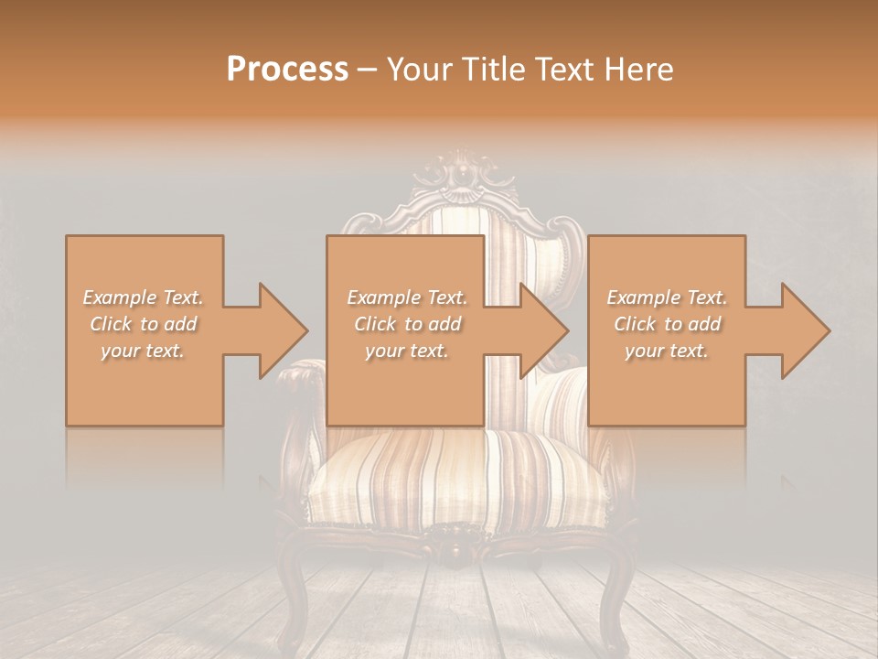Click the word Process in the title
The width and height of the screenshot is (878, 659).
(x=287, y=69)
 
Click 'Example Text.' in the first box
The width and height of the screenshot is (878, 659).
(x=144, y=297)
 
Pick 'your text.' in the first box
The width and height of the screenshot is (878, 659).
(x=144, y=351)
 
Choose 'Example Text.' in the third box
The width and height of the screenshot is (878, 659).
(x=667, y=297)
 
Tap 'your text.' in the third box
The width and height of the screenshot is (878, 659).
(x=667, y=351)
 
